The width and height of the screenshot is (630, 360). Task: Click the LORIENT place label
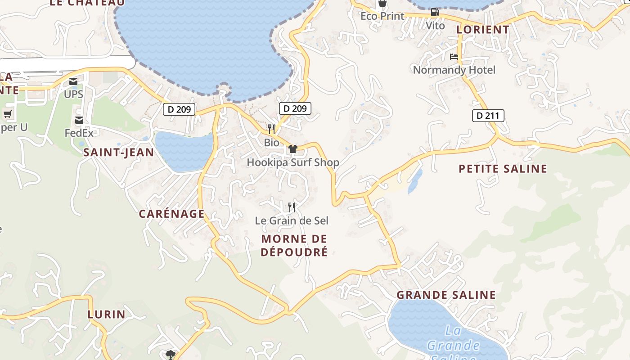click(483, 30)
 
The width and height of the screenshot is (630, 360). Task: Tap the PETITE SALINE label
click(503, 169)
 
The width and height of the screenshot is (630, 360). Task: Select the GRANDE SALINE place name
click(446, 295)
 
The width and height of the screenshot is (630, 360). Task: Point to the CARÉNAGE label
click(172, 214)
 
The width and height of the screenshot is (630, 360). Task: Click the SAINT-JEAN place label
click(119, 153)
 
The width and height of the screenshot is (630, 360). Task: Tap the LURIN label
click(107, 314)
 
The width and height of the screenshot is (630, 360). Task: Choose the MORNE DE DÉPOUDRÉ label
click(294, 245)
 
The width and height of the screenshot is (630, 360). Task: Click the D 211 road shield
click(488, 116)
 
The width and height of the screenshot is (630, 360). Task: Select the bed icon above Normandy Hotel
click(454, 57)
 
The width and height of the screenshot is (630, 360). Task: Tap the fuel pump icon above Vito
click(435, 12)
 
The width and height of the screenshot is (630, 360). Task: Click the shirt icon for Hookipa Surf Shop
click(293, 149)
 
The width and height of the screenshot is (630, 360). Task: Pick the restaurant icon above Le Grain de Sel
click(292, 207)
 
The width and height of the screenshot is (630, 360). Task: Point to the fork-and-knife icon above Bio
click(271, 129)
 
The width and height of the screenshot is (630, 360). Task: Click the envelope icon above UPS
click(73, 81)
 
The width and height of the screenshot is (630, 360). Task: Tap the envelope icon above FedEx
click(79, 120)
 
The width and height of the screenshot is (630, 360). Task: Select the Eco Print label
click(382, 16)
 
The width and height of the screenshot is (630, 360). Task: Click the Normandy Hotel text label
click(454, 70)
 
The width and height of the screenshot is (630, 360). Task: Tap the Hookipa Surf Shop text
click(293, 162)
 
